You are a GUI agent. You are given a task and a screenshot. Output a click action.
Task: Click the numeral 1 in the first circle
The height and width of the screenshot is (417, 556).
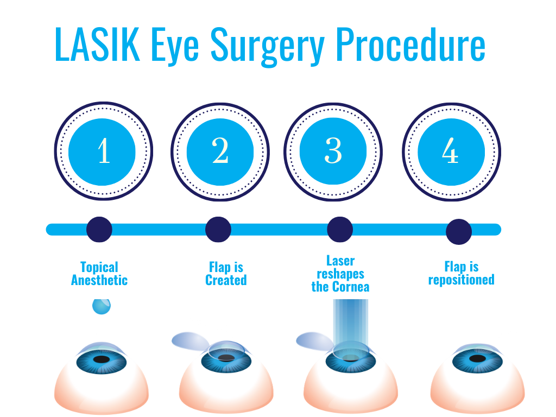coord(104,150)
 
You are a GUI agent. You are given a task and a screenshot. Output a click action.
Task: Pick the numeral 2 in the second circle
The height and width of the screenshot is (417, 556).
coord(220,150)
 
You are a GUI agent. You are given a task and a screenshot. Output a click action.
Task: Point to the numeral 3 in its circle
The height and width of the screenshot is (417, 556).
coord(333,150)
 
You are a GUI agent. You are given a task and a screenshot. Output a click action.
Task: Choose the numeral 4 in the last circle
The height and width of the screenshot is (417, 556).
coord(450,150)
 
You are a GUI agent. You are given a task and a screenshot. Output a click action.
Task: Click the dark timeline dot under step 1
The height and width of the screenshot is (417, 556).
coord(99,229)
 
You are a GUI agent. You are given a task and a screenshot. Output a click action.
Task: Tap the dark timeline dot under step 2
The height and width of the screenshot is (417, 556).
coord(218,229)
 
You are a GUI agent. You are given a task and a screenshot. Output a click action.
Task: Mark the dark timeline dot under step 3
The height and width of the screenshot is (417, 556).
coord(340,229)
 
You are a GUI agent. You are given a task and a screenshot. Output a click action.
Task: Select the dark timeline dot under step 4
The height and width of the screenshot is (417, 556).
coord(459,232)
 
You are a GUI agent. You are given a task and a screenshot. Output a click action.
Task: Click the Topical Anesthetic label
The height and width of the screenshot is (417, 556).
coord(99,274)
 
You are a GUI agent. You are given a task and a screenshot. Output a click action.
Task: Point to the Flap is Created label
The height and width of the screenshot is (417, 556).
coord(226,274)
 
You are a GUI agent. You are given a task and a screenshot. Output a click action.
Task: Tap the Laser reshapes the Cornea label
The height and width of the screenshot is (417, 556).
coord(340,274)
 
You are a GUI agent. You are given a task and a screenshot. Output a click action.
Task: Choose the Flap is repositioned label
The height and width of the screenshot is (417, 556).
coord(461,274)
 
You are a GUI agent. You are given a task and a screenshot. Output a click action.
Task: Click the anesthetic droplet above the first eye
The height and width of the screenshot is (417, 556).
coord(101,306)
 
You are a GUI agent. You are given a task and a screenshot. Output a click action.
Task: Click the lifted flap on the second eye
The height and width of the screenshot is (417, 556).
coord(190,341)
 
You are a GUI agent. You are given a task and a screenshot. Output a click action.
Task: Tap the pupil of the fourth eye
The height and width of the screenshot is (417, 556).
coord(478,359)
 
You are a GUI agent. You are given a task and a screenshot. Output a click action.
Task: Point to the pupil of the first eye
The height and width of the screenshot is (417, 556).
coord(101,359)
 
